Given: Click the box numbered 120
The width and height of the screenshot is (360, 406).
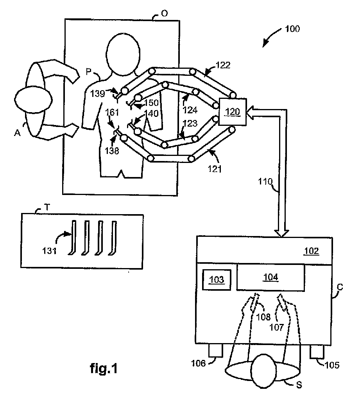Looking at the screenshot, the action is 233,112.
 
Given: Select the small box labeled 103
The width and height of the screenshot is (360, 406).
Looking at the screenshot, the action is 217,280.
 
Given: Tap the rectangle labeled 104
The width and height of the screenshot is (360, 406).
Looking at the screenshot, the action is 270,277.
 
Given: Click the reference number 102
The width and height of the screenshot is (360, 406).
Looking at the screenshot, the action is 312,251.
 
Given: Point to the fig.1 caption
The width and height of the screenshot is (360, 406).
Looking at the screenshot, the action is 104,368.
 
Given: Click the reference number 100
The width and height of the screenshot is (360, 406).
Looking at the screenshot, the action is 292,29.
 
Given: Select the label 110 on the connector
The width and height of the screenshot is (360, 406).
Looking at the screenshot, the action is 265,182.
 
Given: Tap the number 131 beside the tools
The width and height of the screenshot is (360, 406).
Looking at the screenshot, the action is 49,250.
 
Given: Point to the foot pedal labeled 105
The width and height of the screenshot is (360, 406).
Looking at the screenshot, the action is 317,352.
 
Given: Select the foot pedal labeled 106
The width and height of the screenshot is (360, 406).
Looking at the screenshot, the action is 215,351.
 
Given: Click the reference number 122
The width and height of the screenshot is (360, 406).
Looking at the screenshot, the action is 223,65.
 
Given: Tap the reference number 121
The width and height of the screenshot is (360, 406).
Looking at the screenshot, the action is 215,169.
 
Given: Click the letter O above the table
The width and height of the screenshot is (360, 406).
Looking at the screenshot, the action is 165,13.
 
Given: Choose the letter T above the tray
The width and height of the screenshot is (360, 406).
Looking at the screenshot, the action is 47,207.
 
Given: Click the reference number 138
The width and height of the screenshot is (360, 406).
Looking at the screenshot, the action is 112,151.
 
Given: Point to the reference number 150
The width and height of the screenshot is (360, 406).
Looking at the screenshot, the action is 152,103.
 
